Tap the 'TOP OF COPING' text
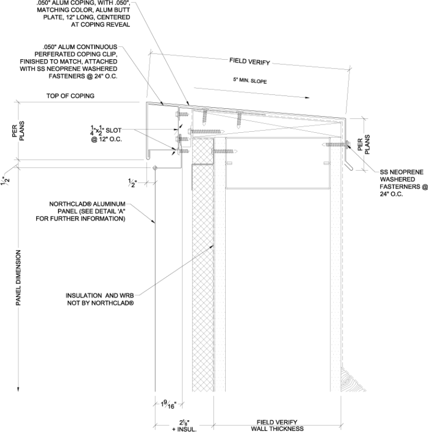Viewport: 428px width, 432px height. pyautogui.click(x=70, y=96)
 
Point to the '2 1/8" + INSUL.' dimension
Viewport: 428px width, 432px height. pyautogui.click(x=184, y=425)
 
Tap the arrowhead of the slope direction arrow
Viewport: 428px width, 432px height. pyautogui.click(x=308, y=98)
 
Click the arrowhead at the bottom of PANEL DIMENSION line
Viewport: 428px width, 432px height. pyautogui.click(x=18, y=388)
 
